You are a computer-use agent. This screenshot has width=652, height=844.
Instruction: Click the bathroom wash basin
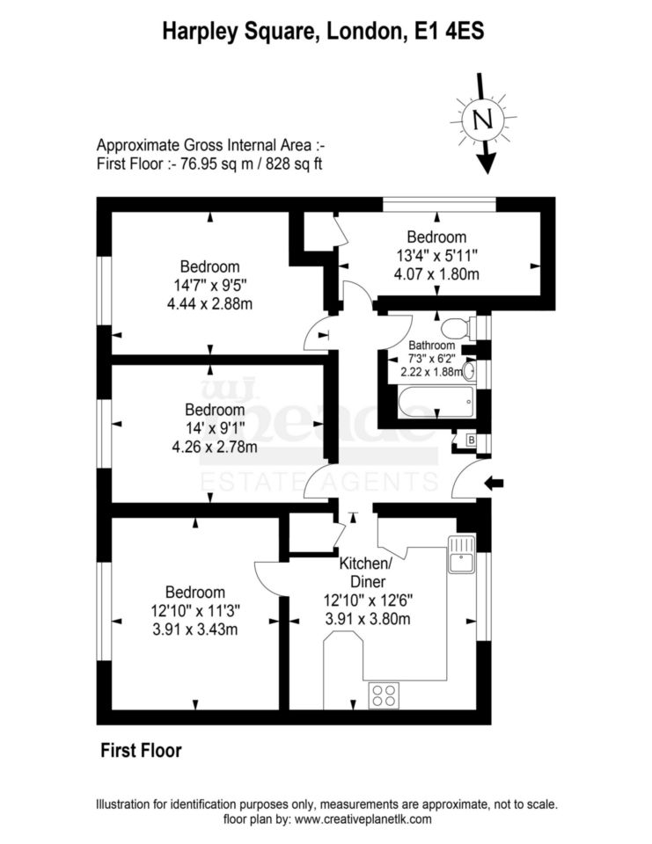(469, 373)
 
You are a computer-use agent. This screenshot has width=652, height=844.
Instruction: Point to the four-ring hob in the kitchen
(384, 695)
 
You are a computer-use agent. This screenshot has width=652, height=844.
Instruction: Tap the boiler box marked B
(471, 439)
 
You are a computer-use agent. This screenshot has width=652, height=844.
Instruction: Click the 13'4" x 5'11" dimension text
(436, 256)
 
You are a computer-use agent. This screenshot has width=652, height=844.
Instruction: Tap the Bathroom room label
(431, 346)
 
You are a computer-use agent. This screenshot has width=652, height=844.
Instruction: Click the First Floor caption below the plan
(141, 750)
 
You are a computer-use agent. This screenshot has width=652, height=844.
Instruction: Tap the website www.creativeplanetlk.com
(363, 819)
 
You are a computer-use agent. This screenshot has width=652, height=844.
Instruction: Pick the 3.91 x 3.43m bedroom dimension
(194, 628)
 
